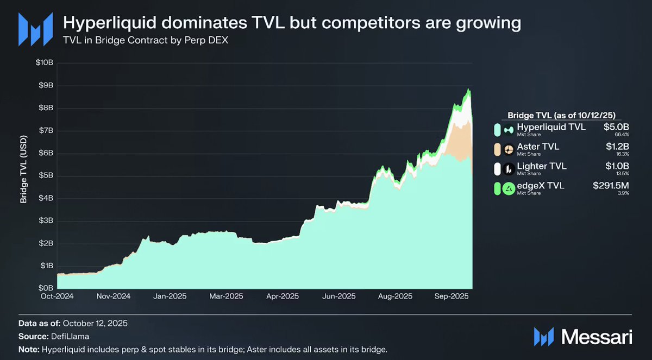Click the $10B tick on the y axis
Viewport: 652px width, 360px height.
click(45, 63)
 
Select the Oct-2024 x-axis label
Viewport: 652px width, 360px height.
click(57, 296)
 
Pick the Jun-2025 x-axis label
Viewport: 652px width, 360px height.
click(338, 296)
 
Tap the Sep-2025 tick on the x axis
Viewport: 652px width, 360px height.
click(452, 296)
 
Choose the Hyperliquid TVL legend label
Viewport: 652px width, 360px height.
click(551, 128)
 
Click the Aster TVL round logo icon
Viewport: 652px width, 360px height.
click(509, 149)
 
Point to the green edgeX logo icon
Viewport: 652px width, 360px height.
click(509, 188)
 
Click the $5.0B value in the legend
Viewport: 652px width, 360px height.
click(616, 128)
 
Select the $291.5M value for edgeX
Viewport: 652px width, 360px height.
click(611, 186)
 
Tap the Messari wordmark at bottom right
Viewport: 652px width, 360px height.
click(597, 337)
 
